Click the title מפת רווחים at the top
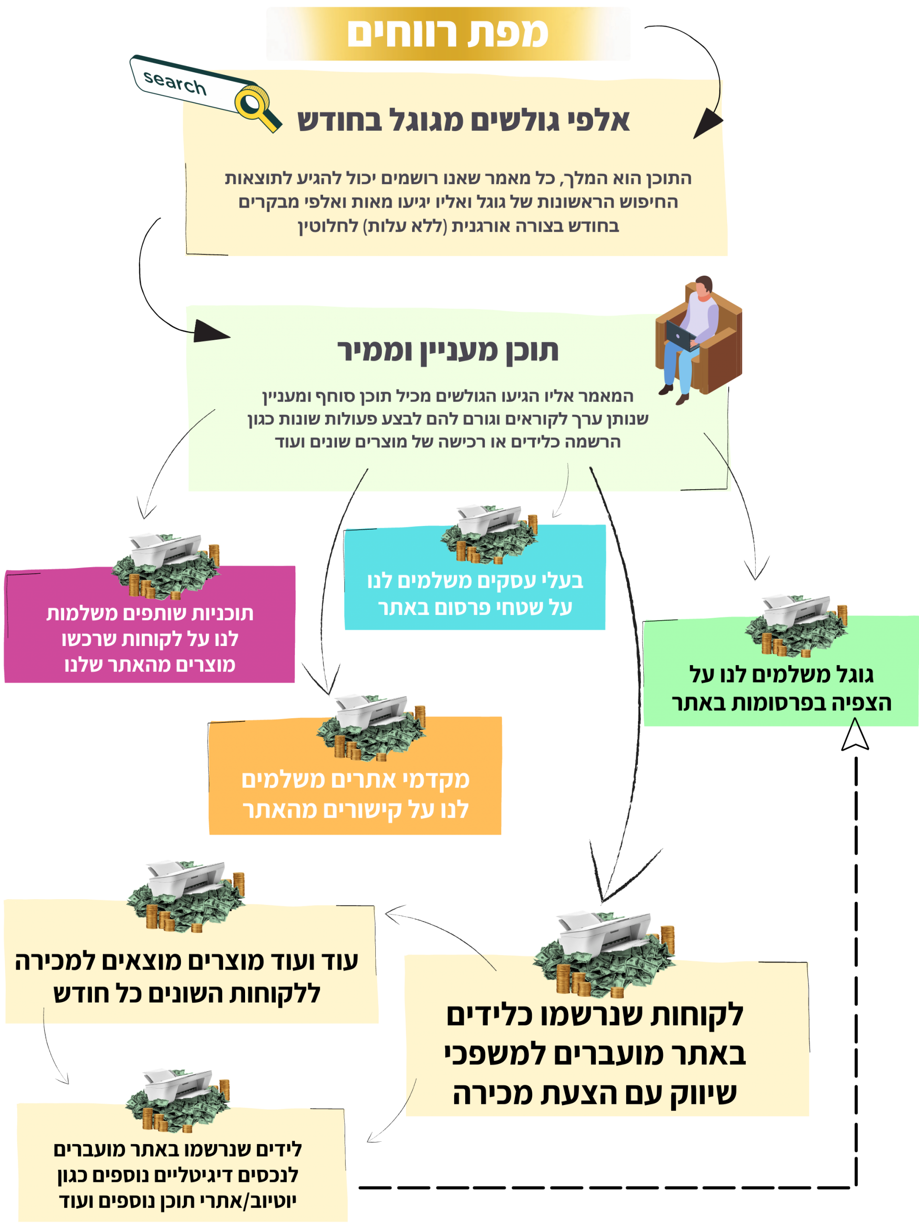[x=448, y=33]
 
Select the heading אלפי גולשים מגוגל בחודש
[x=463, y=121]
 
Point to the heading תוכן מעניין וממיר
[x=448, y=351]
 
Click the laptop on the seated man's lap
[x=683, y=334]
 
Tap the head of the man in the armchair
[x=704, y=286]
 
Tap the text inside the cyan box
[x=475, y=594]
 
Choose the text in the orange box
[x=355, y=794]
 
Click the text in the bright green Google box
[x=781, y=689]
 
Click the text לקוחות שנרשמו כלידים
[x=595, y=1015]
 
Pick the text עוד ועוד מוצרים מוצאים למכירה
[x=186, y=961]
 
